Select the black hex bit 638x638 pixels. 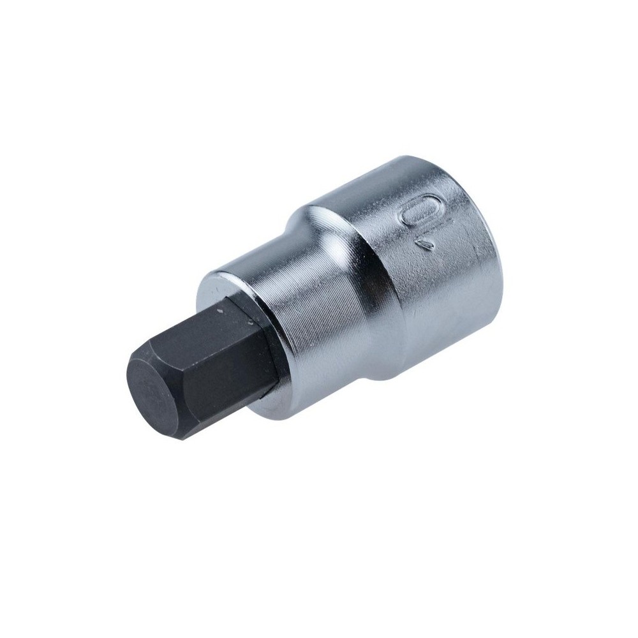[204, 370]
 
